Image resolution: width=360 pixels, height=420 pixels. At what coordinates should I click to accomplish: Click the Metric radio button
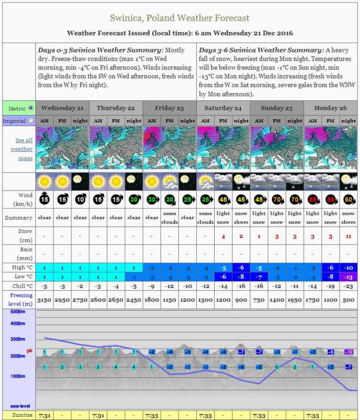(x=30, y=108)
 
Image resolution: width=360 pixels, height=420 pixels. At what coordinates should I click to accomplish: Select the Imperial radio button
(x=30, y=121)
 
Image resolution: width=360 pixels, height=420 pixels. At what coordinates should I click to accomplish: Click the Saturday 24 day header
(x=223, y=108)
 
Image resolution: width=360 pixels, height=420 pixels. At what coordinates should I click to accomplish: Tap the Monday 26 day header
(x=331, y=108)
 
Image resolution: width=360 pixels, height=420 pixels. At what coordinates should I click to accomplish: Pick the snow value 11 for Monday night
(x=348, y=236)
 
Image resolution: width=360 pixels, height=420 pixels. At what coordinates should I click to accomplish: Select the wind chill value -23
(x=348, y=286)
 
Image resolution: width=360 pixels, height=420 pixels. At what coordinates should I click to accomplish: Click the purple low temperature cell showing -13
(x=348, y=277)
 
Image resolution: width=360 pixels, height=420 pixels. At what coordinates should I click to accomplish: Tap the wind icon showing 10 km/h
(x=80, y=199)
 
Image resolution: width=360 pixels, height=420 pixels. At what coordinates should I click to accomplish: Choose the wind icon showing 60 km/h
(x=348, y=199)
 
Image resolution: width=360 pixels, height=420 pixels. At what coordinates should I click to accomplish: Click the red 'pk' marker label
(x=29, y=350)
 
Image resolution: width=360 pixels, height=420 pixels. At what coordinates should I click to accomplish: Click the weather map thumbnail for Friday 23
(x=170, y=149)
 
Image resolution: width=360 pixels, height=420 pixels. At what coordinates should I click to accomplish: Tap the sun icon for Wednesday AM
(x=45, y=182)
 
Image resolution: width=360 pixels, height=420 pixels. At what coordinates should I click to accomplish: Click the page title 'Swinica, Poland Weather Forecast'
(x=180, y=18)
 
